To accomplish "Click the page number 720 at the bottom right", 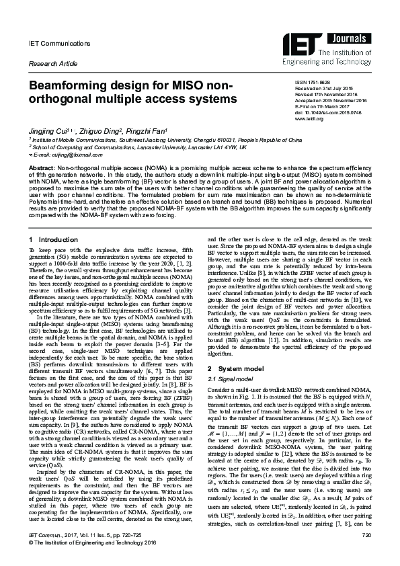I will (366, 554).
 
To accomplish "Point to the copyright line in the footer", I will (93, 561).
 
